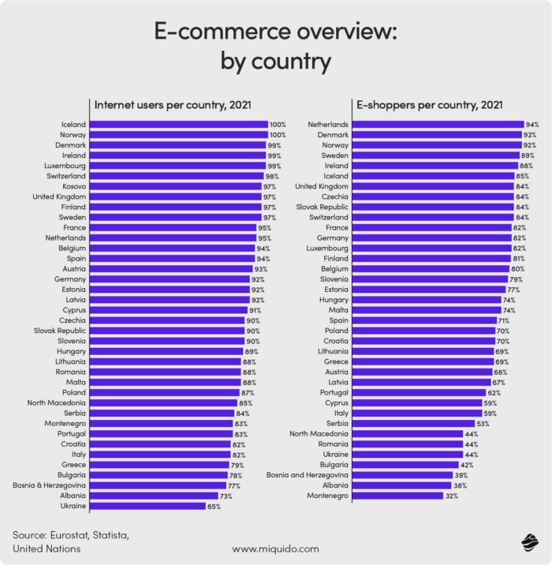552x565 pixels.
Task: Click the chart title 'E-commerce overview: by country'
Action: coord(276,45)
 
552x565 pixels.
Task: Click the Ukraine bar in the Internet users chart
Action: coord(148,506)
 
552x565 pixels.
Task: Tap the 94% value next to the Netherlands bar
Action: coord(532,125)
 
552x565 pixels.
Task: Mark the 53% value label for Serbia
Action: coord(482,424)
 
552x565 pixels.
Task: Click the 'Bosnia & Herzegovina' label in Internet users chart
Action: coord(49,485)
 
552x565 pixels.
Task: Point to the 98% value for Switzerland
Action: coord(273,176)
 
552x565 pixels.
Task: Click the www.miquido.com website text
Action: coord(275,548)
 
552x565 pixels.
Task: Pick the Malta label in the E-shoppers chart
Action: coord(338,310)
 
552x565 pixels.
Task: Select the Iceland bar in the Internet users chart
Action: coord(179,125)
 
